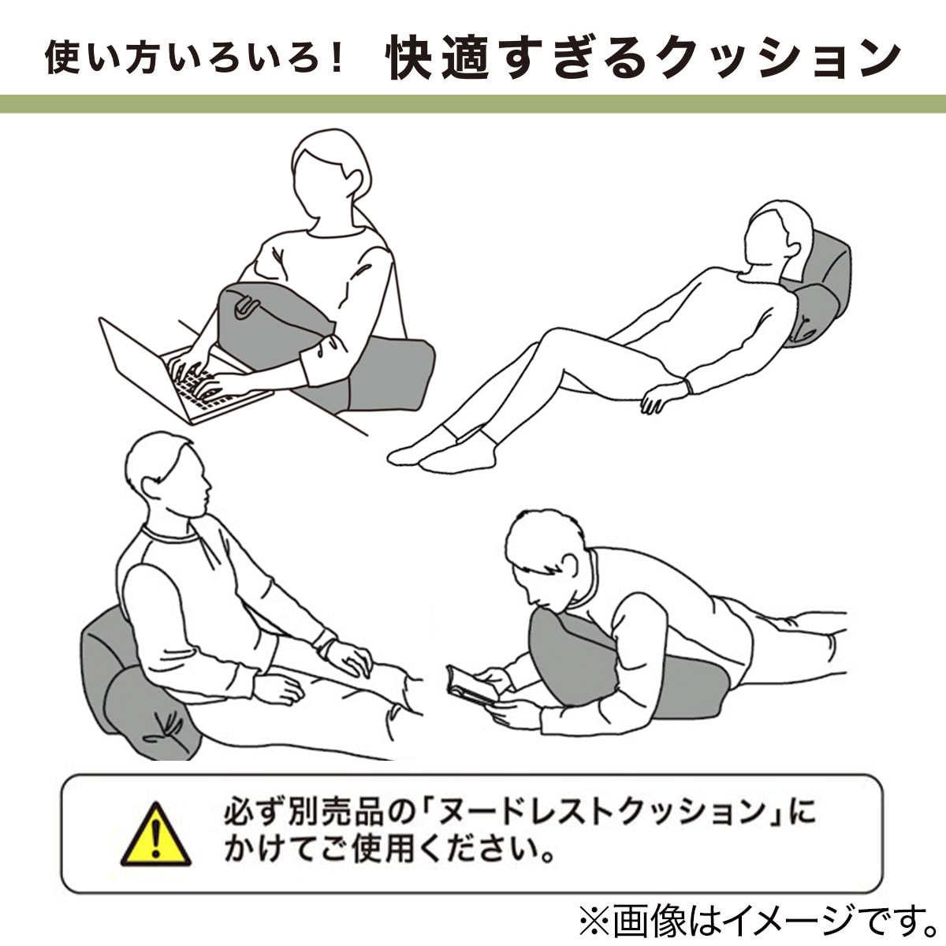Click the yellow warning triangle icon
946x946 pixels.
coord(155,836)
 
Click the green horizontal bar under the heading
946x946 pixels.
coord(473,104)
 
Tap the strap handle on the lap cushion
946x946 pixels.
coord(244,307)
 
